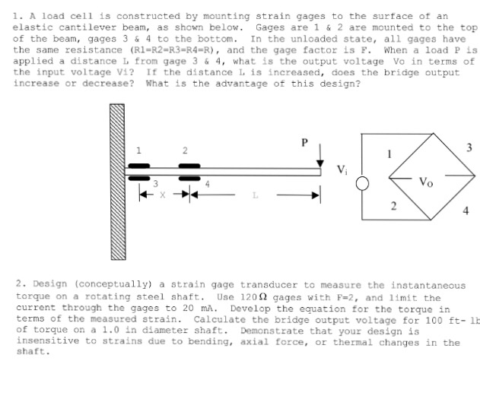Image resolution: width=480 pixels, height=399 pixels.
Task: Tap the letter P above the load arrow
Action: click(306, 141)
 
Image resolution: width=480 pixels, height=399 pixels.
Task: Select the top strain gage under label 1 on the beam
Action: click(138, 166)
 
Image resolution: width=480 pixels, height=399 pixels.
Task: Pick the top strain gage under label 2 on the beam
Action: click(189, 166)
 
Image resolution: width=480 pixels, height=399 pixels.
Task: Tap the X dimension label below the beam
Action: click(162, 195)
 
